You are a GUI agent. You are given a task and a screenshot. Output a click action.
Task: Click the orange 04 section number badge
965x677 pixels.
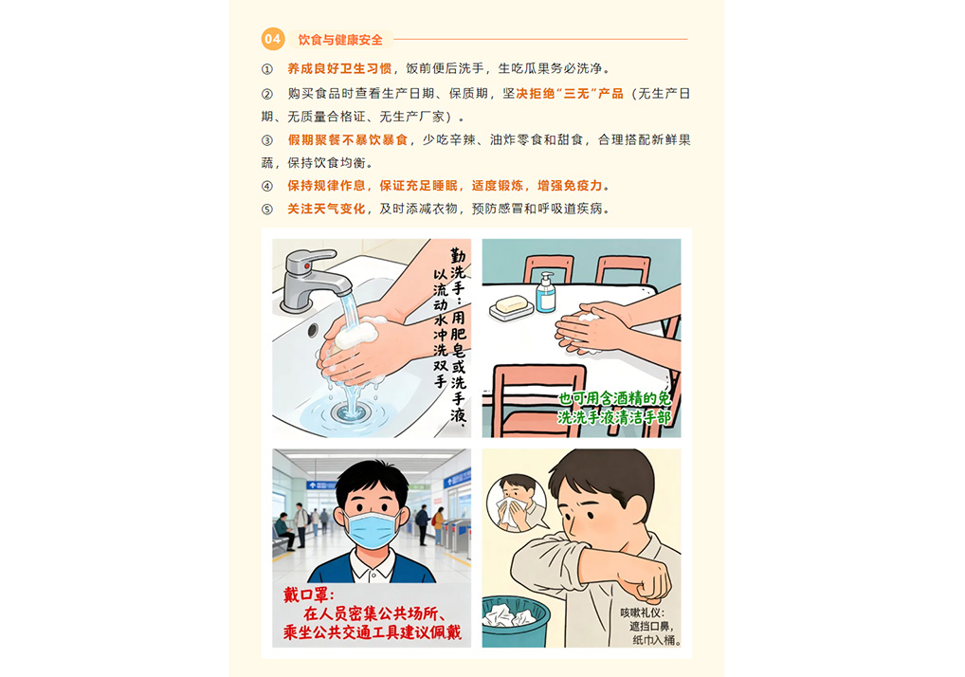tap(273, 40)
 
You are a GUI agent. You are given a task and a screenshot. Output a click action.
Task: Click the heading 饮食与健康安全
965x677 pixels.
tap(340, 40)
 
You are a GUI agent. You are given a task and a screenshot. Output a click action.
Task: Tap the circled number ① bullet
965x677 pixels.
tap(267, 69)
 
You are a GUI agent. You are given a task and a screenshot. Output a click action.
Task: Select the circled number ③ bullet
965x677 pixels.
tap(267, 140)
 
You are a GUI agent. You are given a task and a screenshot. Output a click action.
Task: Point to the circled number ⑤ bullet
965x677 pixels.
tap(267, 210)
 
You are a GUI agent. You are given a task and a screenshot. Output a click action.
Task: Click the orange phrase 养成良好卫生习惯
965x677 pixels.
tap(339, 68)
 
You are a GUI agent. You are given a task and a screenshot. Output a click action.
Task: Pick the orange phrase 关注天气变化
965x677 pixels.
tap(326, 209)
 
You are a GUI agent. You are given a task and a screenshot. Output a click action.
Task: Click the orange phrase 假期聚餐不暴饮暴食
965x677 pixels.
tap(348, 139)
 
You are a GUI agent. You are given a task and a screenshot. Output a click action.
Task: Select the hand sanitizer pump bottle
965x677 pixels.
tap(545, 293)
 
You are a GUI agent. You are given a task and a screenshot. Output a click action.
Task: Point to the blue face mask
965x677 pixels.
tap(371, 530)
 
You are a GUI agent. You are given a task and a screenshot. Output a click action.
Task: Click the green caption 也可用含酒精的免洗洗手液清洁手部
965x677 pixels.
tap(613, 408)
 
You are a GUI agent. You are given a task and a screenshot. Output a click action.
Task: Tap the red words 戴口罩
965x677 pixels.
tap(308, 595)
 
